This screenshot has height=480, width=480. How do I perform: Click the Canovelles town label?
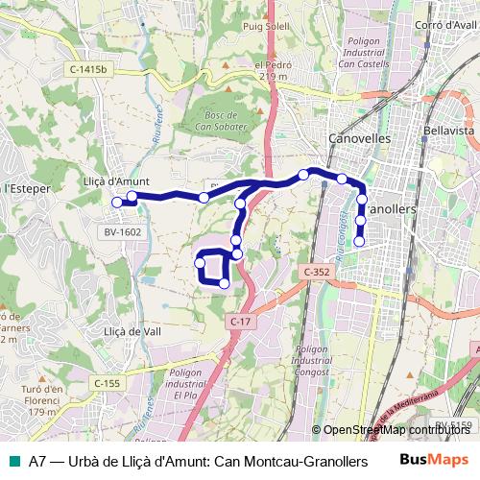pos(360,137)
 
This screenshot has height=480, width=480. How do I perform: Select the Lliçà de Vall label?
pos(131,330)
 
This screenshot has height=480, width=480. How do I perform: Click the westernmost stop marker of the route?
pos(117,202)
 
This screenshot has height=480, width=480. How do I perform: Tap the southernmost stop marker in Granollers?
pos(359,241)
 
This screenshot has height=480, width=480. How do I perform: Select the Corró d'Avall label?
pos(444,26)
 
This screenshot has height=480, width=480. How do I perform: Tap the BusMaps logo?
pos(435,459)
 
